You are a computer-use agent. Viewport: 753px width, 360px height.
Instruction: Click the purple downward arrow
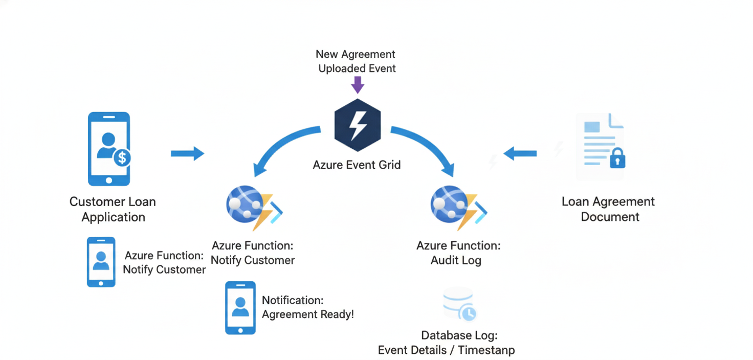(x=358, y=84)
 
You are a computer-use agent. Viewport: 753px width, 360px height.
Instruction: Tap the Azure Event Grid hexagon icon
(x=358, y=125)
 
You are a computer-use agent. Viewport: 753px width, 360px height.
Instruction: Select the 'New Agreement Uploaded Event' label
(x=357, y=61)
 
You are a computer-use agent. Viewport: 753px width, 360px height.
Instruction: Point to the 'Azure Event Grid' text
(x=357, y=165)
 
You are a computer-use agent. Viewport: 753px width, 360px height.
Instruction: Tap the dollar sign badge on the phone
(x=122, y=157)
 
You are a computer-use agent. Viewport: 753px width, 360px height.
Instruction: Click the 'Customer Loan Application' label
(x=113, y=209)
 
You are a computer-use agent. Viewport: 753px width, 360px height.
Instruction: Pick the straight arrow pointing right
(x=187, y=153)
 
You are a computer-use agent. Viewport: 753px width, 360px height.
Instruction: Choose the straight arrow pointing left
(x=520, y=153)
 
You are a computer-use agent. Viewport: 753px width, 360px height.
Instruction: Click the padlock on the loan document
(x=617, y=159)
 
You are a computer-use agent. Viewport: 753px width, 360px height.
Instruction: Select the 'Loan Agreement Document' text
(x=609, y=209)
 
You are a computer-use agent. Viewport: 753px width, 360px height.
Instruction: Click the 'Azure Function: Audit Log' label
(x=458, y=253)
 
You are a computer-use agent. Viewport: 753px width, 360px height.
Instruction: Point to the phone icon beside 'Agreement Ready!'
(x=240, y=308)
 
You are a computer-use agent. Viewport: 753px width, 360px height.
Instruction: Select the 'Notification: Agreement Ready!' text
(x=307, y=307)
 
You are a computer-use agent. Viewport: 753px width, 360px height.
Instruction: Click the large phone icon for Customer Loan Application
(x=109, y=149)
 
